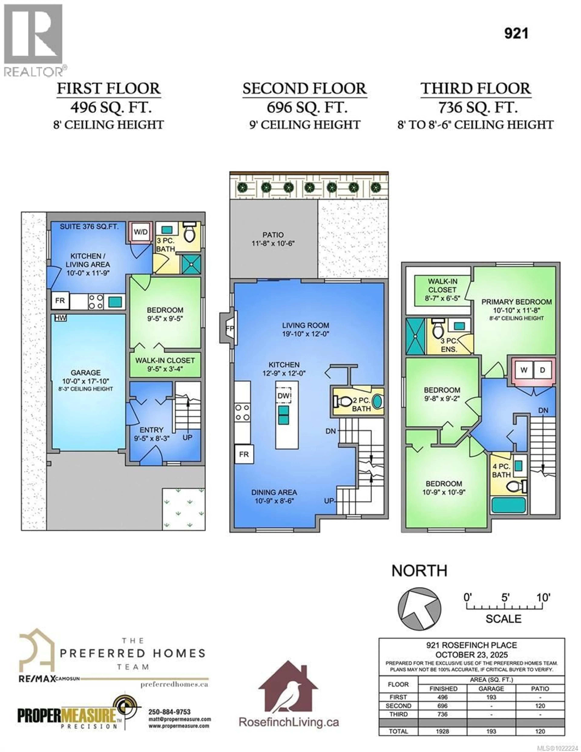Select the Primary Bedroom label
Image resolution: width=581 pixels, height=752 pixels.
(516, 302)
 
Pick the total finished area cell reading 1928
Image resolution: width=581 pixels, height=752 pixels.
(443, 731)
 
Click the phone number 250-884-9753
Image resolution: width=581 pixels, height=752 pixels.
(169, 712)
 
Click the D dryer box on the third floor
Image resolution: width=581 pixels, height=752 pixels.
(542, 370)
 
